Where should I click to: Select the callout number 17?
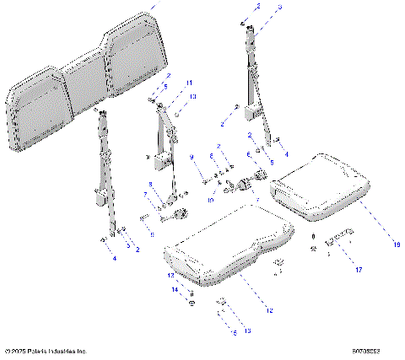click(x=358, y=271)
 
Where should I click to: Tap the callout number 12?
click(x=270, y=311)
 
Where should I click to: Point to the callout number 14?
click(x=177, y=289)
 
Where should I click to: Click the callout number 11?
click(x=190, y=83)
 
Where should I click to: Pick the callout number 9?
click(x=192, y=158)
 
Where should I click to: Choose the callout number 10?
click(x=212, y=199)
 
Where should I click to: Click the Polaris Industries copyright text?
click(x=46, y=350)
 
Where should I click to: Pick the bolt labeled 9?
click(x=206, y=178)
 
